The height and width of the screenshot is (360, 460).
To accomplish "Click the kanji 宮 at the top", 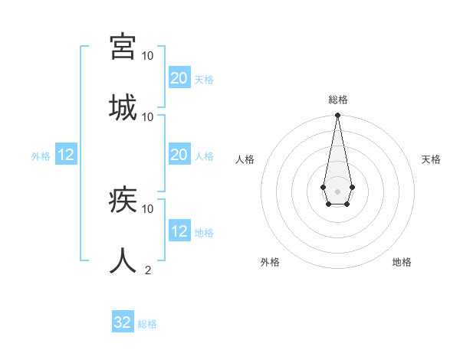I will (123, 47).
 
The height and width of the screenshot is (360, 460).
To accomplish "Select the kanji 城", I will (123, 107).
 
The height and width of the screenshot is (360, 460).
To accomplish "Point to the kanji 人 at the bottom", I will (123, 260).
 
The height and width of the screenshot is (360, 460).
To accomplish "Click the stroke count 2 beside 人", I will (148, 270).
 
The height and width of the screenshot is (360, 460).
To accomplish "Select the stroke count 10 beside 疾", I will (148, 208).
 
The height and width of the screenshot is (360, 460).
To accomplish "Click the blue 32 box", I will (123, 322).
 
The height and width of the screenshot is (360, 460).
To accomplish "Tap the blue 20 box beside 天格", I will (179, 77).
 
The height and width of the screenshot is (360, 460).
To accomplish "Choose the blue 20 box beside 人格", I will (179, 155).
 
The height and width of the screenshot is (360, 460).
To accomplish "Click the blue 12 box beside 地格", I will (179, 231).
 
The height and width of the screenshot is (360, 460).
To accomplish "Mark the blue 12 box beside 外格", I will (66, 155).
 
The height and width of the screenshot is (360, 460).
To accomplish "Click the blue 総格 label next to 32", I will (147, 324).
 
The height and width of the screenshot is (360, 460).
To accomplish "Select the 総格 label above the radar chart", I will (338, 100).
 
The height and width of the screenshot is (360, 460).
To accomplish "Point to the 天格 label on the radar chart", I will (431, 159).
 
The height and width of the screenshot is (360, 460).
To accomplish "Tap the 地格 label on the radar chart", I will (402, 262).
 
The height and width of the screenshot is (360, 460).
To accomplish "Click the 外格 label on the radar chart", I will (270, 262).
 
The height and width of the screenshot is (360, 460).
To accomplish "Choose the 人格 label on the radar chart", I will (245, 159).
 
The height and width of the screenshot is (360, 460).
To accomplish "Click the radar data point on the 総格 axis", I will (337, 116).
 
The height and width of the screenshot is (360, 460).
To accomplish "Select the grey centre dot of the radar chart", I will (337, 190).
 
